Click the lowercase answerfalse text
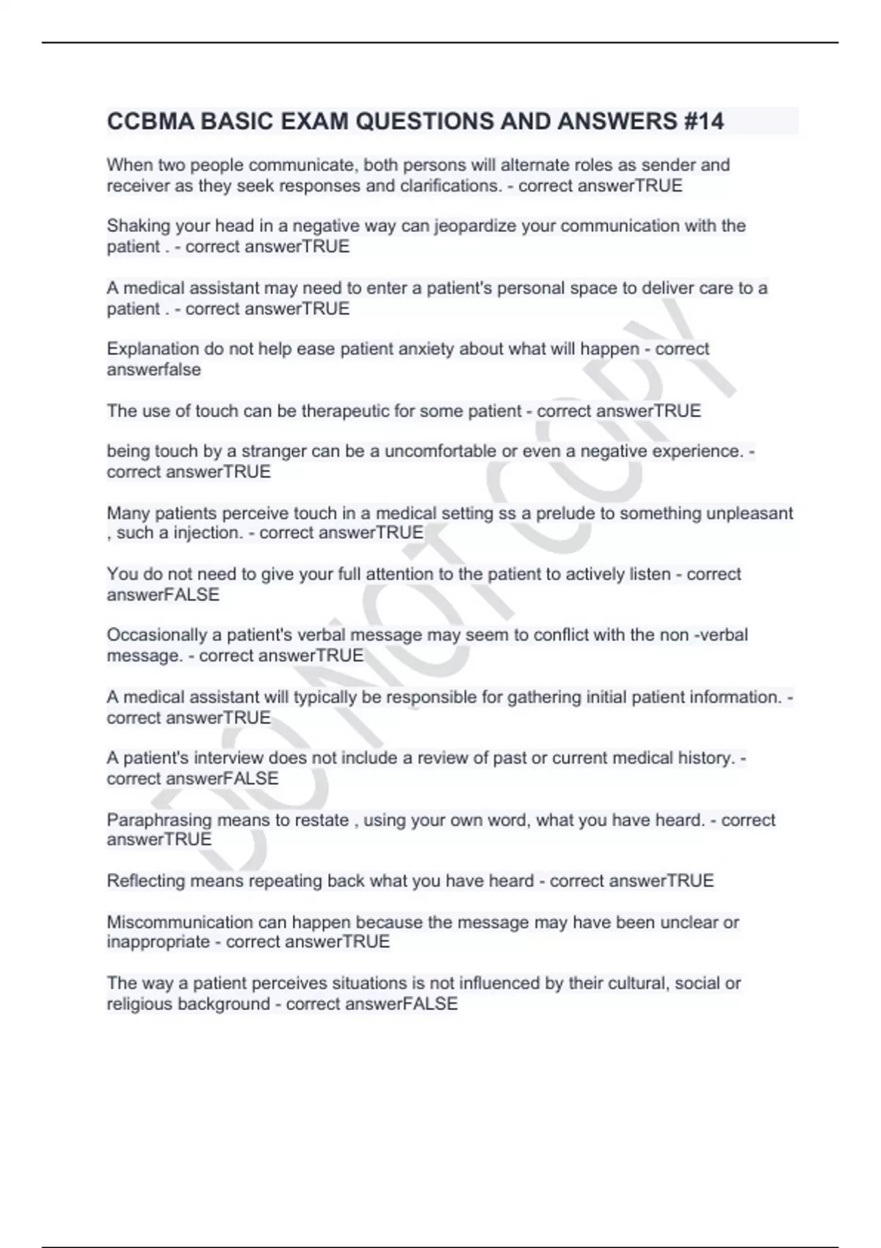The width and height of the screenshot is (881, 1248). click(153, 370)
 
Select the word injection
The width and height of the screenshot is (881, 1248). click(208, 533)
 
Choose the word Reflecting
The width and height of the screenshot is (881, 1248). click(146, 881)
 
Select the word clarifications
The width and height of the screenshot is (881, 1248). click(451, 186)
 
